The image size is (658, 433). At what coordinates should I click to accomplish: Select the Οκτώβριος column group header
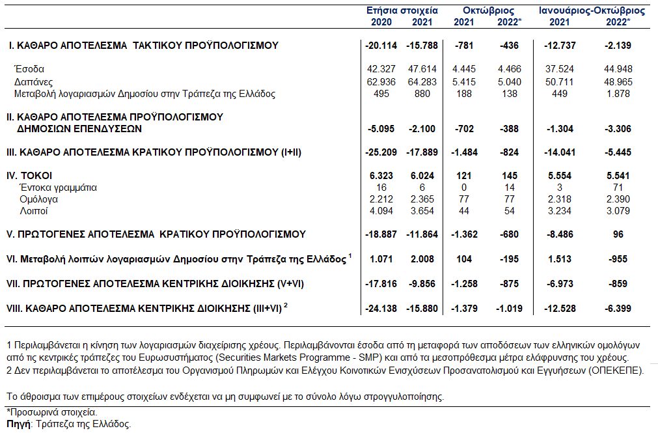[488, 11]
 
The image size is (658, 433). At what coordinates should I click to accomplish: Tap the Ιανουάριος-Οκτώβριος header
[592, 11]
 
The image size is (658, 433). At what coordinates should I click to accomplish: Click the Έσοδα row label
[29, 69]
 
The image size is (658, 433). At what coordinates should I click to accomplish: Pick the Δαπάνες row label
[34, 81]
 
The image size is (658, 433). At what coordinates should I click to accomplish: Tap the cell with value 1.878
[618, 94]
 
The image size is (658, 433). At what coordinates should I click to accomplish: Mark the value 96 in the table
[618, 234]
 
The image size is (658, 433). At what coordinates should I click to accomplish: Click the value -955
[618, 258]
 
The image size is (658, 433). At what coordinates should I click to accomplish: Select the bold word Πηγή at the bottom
[17, 424]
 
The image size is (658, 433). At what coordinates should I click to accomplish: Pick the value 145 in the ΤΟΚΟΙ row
[510, 176]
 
